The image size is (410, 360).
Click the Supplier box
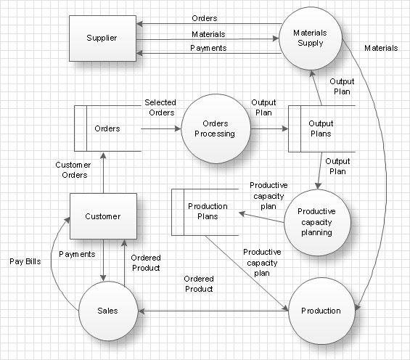pyautogui.click(x=102, y=38)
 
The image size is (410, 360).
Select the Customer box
pyautogui.click(x=102, y=216)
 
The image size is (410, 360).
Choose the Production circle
pyautogui.click(x=320, y=311)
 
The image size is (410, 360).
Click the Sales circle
pyautogui.click(x=108, y=311)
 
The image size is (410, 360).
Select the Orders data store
pyautogui.click(x=107, y=128)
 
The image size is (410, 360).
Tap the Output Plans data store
pyautogui.click(x=321, y=128)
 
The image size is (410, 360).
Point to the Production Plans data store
pyautogui.click(x=205, y=211)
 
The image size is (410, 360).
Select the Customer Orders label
pyautogui.click(x=72, y=170)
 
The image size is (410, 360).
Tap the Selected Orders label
pyautogui.click(x=160, y=107)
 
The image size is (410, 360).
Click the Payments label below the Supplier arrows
pyautogui.click(x=208, y=48)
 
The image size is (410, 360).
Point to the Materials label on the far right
pyautogui.click(x=380, y=48)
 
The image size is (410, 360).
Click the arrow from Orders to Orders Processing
pyautogui.click(x=160, y=128)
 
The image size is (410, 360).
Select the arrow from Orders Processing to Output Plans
pyautogui.click(x=270, y=128)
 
